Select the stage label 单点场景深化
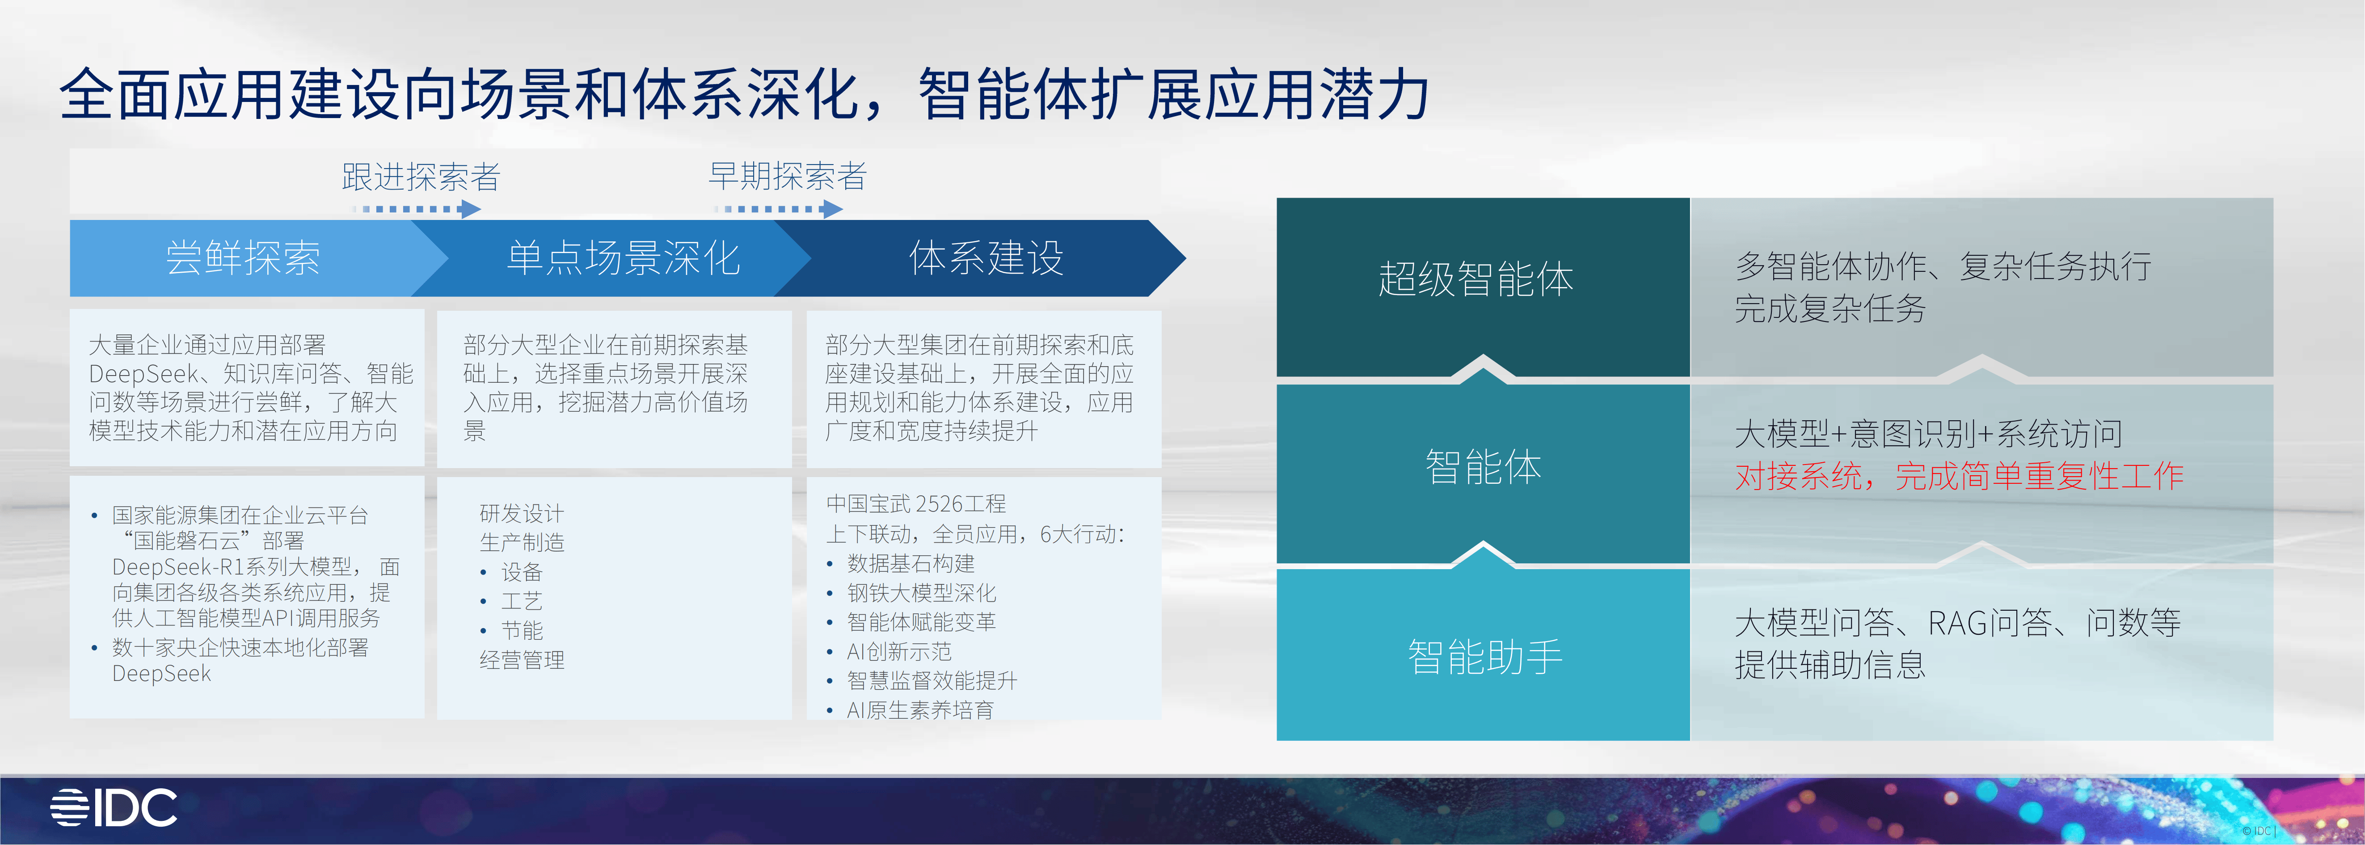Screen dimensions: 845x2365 624,258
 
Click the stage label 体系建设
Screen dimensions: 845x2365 986,258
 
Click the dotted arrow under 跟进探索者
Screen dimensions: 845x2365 418,209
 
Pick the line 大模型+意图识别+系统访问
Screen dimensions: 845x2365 1928,434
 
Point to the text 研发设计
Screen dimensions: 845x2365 522,513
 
